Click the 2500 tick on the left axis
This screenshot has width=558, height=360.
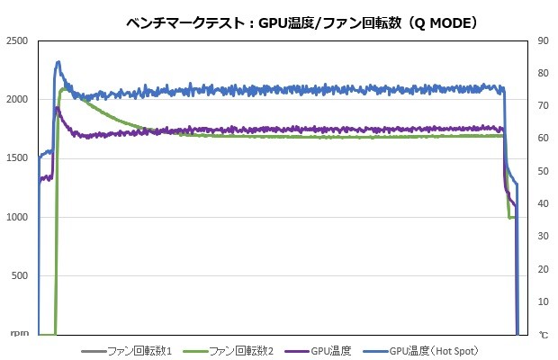[x=16, y=41]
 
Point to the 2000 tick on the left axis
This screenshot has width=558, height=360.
[x=16, y=100]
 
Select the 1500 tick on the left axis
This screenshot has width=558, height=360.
[x=16, y=158]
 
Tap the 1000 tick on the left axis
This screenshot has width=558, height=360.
[x=16, y=218]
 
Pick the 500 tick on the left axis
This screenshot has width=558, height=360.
[x=20, y=276]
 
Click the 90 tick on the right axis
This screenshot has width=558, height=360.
[x=541, y=41]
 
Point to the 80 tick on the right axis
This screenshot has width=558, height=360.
[x=541, y=74]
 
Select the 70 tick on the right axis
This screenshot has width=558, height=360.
[x=541, y=106]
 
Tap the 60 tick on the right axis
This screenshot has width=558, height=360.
[x=541, y=139]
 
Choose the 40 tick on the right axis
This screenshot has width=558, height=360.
[x=541, y=204]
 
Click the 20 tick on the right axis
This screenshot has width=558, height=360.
[x=541, y=269]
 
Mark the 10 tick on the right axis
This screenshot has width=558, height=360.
[x=541, y=301]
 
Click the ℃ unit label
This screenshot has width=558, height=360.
[x=543, y=335]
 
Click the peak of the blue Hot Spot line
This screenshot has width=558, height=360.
[x=58, y=62]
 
